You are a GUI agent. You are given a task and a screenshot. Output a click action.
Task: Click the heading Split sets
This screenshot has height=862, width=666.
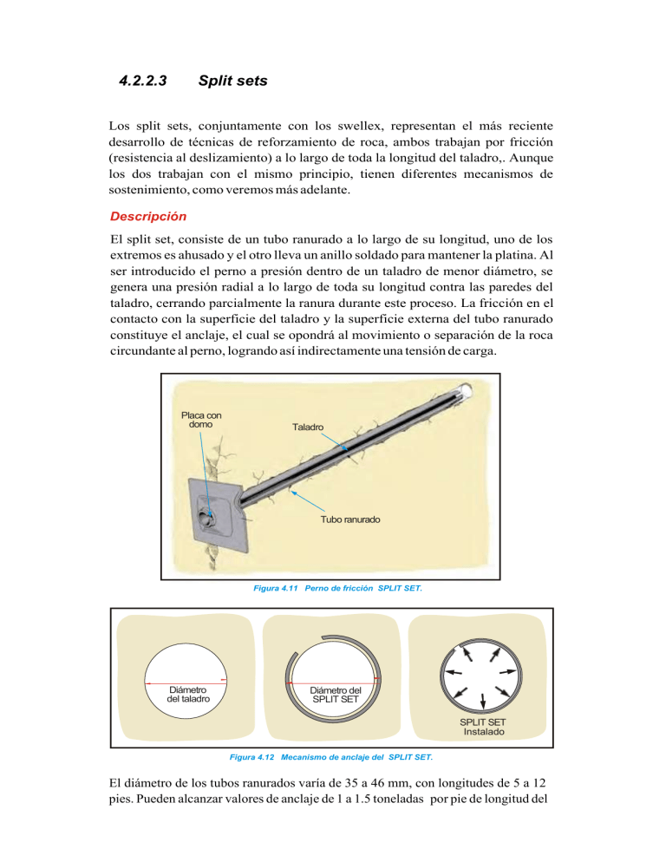coord(232,82)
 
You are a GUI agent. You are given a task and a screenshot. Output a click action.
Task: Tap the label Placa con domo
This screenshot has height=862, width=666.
coord(201,420)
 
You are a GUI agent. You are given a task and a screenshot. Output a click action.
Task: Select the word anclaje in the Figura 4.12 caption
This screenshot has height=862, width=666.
coord(344,757)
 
